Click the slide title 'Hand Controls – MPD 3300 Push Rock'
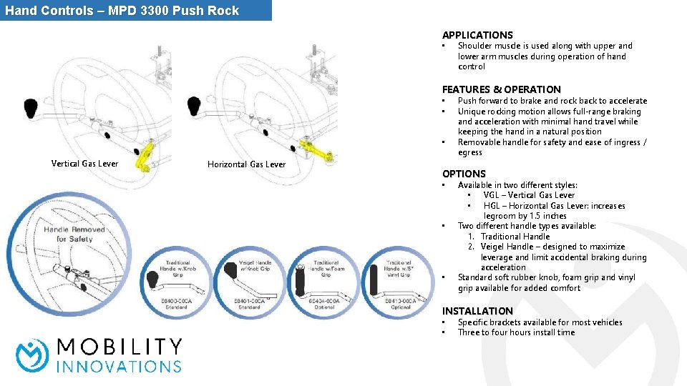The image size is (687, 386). (122, 11)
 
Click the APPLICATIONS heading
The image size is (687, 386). (477, 35)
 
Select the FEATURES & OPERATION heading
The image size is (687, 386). (501, 89)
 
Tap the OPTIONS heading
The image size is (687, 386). (464, 174)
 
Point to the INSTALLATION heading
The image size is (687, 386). (477, 311)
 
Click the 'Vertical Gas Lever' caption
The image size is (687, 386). (84, 164)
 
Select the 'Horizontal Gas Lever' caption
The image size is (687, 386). (246, 164)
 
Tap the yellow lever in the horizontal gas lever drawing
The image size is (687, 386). (316, 149)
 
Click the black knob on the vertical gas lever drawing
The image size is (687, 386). (31, 109)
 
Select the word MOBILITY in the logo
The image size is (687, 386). (119, 347)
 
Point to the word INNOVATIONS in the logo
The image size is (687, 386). (119, 366)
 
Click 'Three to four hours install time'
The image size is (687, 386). (516, 332)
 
